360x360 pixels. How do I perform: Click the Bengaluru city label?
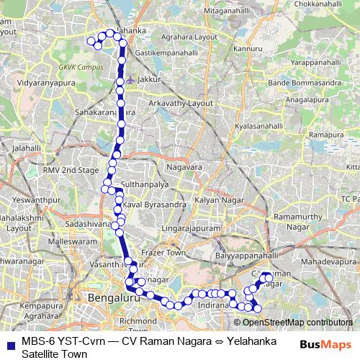tap(110, 297)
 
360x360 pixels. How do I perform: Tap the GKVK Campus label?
tap(76, 67)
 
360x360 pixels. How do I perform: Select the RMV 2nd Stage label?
tap(69, 170)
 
